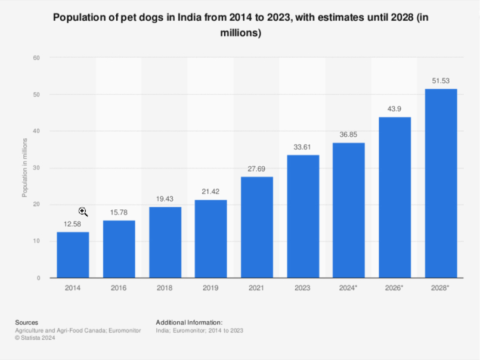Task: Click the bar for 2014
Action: pos(73,255)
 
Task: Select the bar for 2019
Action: pos(210,238)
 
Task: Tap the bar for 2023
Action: pos(303,216)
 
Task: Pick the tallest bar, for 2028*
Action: pos(441,183)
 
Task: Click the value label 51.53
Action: pos(441,80)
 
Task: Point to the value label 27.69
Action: pos(257,169)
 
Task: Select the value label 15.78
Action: pos(119,212)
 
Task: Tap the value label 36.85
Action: pos(349,135)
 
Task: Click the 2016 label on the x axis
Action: pos(119,288)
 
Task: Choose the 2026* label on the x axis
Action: pos(395,288)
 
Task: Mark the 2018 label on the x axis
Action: pos(165,288)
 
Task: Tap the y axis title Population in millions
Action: pos(24,167)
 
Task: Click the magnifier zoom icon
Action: pos(83,212)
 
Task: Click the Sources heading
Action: pos(27,322)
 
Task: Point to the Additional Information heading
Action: pos(189,322)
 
